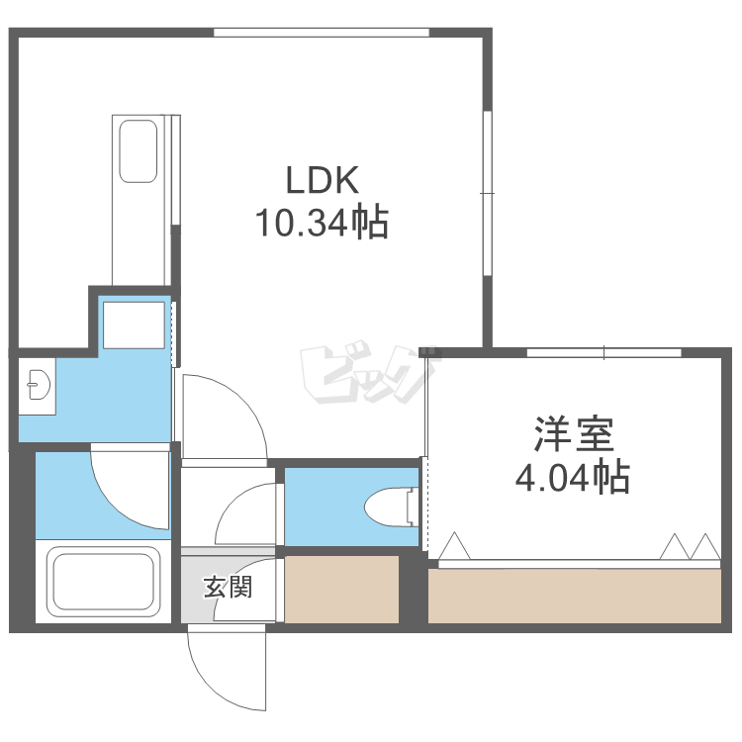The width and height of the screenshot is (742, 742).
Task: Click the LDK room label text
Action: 323,180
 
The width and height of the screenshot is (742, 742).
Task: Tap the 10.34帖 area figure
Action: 322,222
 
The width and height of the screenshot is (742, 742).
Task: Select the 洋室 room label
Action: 574,434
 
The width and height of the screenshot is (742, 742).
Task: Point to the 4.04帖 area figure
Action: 573,477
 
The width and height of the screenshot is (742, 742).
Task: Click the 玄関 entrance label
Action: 229,587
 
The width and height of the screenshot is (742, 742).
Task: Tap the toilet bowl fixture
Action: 392,507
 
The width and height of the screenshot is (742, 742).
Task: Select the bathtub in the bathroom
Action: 103,582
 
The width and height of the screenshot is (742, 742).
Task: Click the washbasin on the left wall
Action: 39,385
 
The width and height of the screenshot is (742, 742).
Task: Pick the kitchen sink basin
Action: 139,151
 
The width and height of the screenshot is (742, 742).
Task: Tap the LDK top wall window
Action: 322,33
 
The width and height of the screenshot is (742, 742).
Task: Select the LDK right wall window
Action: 488,193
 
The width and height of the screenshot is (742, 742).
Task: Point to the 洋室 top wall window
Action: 603,353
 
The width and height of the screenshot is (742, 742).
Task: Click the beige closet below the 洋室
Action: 575,596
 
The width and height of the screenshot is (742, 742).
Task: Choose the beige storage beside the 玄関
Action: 341,590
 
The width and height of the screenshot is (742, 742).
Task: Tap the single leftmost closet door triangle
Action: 454,545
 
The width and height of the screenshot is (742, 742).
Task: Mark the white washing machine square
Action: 134,325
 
